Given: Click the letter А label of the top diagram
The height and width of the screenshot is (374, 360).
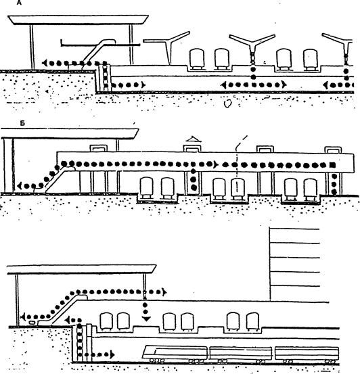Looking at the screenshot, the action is [x=20, y=3].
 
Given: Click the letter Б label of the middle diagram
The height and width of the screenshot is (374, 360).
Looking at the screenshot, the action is [x=22, y=123].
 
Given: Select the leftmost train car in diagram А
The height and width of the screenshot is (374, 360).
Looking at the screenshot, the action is [x=197, y=60].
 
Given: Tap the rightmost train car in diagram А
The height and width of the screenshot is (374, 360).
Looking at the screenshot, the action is [x=311, y=60].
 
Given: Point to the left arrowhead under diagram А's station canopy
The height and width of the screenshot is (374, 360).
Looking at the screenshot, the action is [x=45, y=63].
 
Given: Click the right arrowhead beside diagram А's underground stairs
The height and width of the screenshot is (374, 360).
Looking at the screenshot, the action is [x=143, y=85].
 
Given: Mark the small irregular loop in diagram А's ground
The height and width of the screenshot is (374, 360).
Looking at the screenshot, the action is [x=228, y=103].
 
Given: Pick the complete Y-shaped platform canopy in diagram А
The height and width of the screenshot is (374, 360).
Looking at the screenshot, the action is [x=252, y=48].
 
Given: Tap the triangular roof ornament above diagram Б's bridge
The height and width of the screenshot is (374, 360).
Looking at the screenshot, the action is [x=194, y=139].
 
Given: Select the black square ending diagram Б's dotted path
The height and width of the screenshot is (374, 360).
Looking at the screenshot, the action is [x=332, y=165].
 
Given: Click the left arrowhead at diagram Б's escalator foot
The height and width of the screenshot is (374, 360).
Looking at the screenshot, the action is [x=20, y=185].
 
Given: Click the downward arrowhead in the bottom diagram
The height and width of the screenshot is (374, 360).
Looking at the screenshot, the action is [x=146, y=319].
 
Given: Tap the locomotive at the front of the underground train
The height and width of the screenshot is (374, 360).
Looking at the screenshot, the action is [x=175, y=354].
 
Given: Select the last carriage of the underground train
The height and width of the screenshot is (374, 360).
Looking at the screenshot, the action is [x=307, y=355].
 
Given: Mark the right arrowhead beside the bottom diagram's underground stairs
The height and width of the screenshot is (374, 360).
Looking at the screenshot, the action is [x=112, y=354].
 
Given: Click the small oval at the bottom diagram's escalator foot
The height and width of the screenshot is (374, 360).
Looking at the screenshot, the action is [x=32, y=323].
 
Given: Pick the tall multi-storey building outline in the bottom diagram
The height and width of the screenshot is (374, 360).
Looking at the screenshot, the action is [x=294, y=264].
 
